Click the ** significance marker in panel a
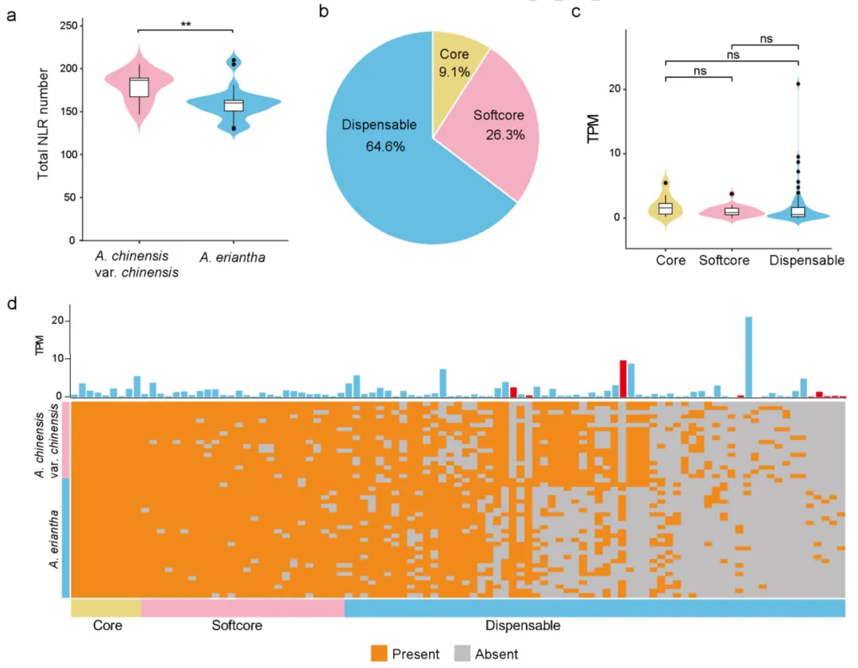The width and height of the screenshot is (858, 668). pyautogui.click(x=185, y=24)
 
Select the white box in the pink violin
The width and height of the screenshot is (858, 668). pyautogui.click(x=139, y=87)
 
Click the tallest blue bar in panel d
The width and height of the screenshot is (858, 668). pyautogui.click(x=748, y=357)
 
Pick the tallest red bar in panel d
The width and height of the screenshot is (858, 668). pyautogui.click(x=623, y=378)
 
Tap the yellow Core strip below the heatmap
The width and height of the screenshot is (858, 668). pyautogui.click(x=106, y=608)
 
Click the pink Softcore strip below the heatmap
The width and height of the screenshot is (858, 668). pyautogui.click(x=242, y=608)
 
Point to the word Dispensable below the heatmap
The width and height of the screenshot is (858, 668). pyautogui.click(x=523, y=626)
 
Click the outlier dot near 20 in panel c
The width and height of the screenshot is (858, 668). pyautogui.click(x=798, y=84)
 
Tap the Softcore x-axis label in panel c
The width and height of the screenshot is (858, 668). pyautogui.click(x=724, y=260)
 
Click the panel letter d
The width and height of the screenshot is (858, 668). pyautogui.click(x=12, y=303)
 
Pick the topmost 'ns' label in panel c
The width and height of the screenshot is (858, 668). pyautogui.click(x=764, y=37)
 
